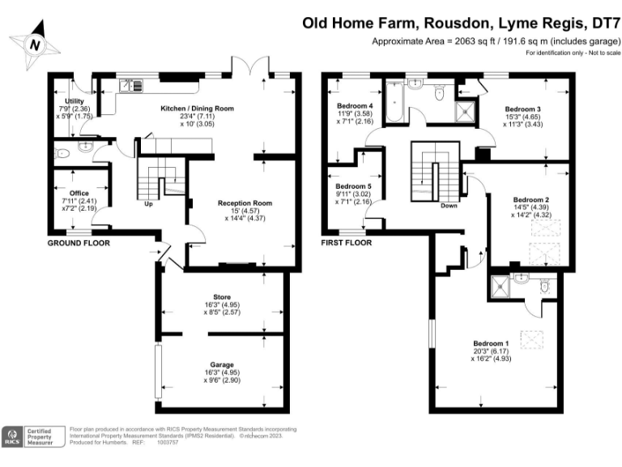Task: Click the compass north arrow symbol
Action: (x=33, y=45)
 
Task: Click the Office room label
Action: (x=79, y=193)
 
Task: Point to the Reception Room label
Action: (x=240, y=204)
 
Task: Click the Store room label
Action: (x=221, y=296)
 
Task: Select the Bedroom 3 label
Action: (x=522, y=109)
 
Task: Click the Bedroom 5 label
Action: (x=354, y=186)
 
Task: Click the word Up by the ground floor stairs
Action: (x=148, y=204)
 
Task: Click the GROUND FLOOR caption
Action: (x=79, y=242)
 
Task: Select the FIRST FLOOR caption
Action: (x=346, y=242)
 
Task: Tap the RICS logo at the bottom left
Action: (x=14, y=437)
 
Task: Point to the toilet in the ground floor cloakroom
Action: (x=62, y=152)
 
